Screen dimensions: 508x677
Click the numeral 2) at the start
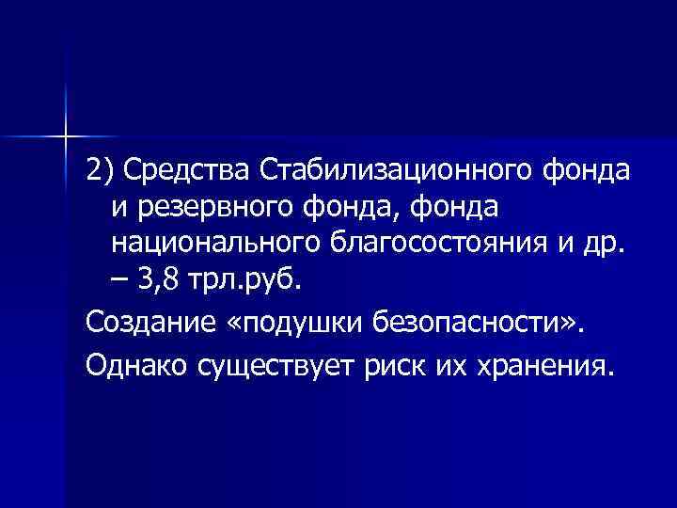click(99, 172)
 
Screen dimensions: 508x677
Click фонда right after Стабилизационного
click(587, 172)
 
